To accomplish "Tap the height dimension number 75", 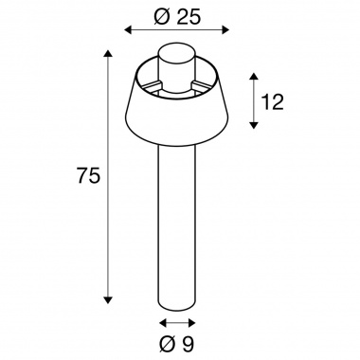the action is pyautogui.click(x=88, y=175).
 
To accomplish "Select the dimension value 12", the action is pyautogui.click(x=273, y=101).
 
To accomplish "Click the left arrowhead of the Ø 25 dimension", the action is pyautogui.click(x=128, y=30).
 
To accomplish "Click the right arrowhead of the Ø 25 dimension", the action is pyautogui.click(x=225, y=30).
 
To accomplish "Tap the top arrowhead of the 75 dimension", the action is pyautogui.click(x=108, y=54).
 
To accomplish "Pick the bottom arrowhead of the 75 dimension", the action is pyautogui.click(x=108, y=300).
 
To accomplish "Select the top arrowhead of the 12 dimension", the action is pyautogui.click(x=254, y=77).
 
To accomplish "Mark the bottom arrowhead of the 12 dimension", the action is pyautogui.click(x=254, y=125).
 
